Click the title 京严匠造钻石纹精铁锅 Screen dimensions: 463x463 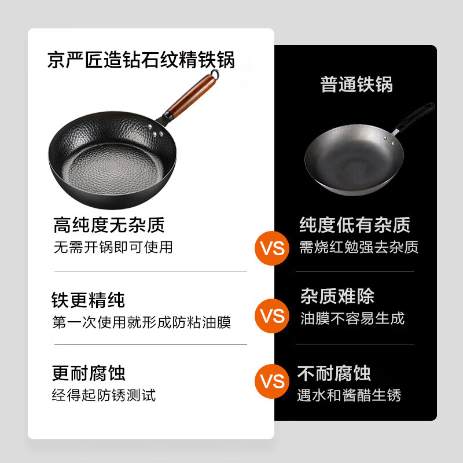coord(141,60)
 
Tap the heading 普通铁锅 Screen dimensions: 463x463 coord(357,84)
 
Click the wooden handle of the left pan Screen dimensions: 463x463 coord(190,94)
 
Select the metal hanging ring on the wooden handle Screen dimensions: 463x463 coord(215,75)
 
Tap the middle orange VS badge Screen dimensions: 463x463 coord(272,316)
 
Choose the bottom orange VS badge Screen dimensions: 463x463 coord(272,381)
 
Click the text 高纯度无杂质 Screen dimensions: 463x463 coord(109,225)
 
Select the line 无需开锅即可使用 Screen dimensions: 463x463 coord(113,247)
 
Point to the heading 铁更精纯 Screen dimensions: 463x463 coord(88,300)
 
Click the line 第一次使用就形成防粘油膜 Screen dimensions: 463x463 coord(141,322)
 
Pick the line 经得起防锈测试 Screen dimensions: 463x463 coord(104,395)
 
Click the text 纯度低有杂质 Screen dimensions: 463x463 coord(355,225)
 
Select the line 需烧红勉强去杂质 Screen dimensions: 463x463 coord(358,247)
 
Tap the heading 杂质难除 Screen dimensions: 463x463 coord(337,296)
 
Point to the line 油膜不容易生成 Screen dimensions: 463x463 coord(352,318)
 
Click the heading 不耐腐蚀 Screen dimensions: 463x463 coord(334,373)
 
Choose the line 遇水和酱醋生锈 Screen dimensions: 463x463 coord(349,395)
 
